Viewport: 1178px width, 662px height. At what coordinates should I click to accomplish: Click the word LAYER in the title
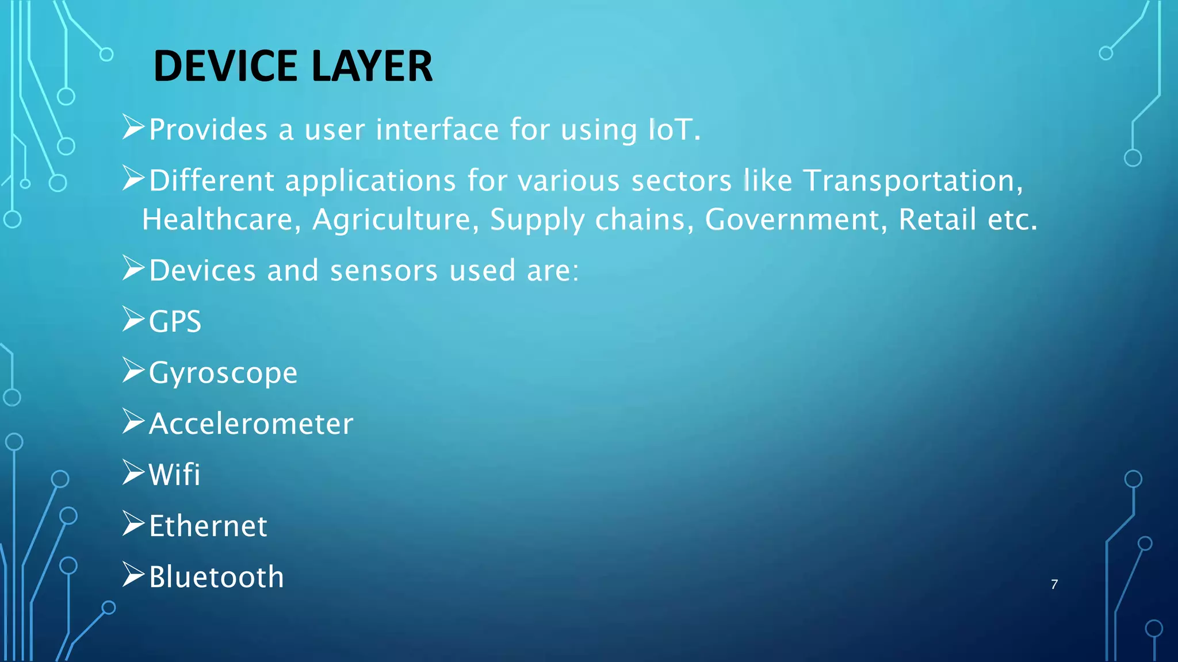pos(372,66)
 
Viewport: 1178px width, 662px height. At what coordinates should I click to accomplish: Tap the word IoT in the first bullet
pos(670,129)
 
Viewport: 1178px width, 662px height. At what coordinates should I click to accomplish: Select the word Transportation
pos(913,180)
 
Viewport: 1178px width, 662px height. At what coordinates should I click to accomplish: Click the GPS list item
pos(175,321)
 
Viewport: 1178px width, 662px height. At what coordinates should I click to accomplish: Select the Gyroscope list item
pos(223,373)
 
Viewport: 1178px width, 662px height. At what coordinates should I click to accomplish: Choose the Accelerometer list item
pos(251,424)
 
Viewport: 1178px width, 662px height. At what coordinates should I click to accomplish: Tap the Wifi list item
pos(174,475)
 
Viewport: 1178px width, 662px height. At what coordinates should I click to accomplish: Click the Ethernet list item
pos(208,526)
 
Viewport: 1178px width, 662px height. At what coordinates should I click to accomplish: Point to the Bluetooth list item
pos(216,577)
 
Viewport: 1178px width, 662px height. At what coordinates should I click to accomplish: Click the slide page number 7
pos(1054,584)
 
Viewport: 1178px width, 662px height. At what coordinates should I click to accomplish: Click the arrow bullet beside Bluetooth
pos(133,575)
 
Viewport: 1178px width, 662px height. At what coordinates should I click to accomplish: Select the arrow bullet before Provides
pos(133,127)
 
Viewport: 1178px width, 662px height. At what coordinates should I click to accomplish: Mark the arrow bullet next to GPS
pos(133,319)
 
